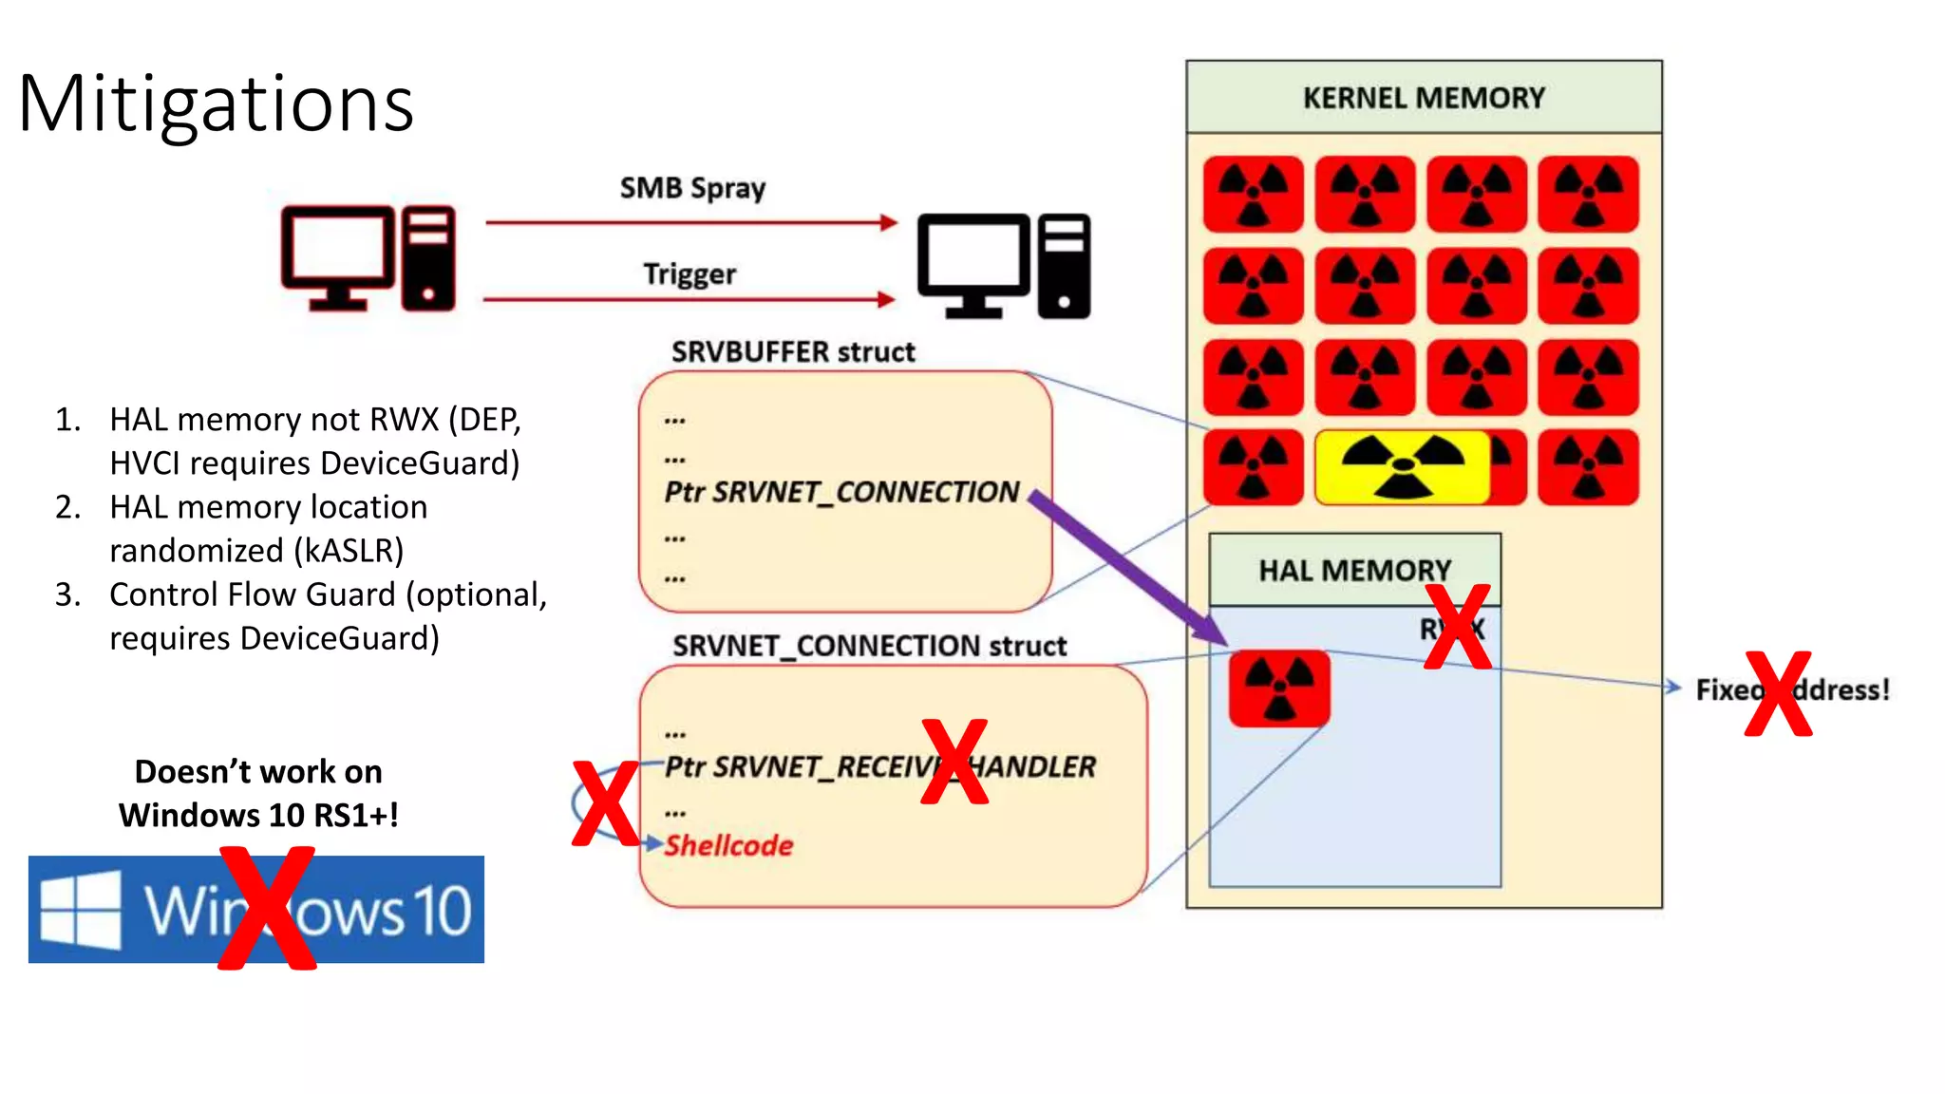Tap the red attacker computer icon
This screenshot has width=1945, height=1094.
coord(368,258)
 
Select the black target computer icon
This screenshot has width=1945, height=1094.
coord(1003,266)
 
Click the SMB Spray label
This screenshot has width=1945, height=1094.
coord(692,188)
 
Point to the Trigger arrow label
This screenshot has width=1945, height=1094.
coord(689,274)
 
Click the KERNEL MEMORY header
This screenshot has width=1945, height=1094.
coord(1423,98)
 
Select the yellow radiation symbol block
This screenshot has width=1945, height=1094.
coord(1402,466)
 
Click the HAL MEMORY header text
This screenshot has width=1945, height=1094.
coord(1354,571)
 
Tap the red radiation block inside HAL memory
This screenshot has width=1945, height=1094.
coord(1278,688)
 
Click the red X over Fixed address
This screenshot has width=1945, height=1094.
coord(1777,694)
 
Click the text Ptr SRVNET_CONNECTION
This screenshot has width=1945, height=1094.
coord(841,492)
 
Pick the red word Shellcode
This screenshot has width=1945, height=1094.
coord(728,845)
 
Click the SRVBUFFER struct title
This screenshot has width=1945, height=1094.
coord(793,352)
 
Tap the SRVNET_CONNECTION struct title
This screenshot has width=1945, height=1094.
coord(869,647)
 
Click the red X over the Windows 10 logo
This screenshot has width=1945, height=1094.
coord(267,909)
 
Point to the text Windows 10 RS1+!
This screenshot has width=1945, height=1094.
coord(258,815)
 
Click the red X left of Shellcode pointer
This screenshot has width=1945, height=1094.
coord(604,803)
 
